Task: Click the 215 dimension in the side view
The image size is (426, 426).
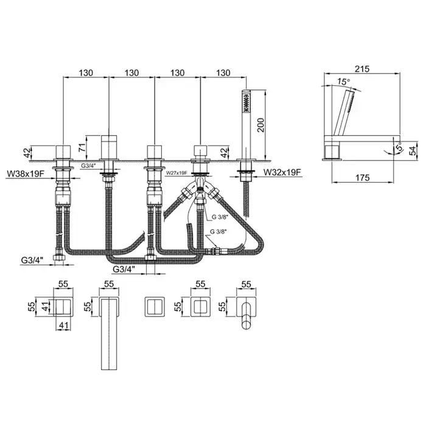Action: [x=363, y=69]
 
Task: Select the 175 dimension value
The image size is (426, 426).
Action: [x=363, y=178]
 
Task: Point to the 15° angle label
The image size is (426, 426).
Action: [x=344, y=81]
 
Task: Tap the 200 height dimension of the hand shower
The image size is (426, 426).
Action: [x=260, y=125]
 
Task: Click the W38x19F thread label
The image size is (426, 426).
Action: [x=26, y=173]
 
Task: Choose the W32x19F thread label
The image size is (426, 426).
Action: [x=282, y=172]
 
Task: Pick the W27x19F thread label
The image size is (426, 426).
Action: [x=176, y=172]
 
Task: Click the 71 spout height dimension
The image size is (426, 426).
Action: [x=82, y=147]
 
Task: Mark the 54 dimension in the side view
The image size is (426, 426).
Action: [x=413, y=150]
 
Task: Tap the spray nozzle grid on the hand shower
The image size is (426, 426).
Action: [x=246, y=103]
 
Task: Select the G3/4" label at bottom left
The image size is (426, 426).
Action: [x=32, y=260]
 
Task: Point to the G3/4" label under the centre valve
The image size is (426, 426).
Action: [x=124, y=269]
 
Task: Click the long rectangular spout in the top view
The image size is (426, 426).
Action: [x=109, y=333]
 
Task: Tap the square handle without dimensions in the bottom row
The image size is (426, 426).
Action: [x=155, y=307]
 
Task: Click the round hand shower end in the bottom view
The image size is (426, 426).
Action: [x=246, y=325]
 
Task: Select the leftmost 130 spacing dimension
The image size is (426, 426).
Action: [x=86, y=73]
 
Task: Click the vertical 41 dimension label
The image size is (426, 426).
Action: [x=46, y=307]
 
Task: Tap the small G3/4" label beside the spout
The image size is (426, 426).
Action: [x=88, y=166]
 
